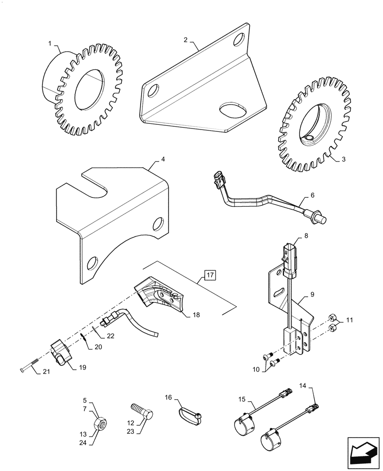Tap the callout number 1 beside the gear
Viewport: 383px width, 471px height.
50,43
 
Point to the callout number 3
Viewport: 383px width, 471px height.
343,159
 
